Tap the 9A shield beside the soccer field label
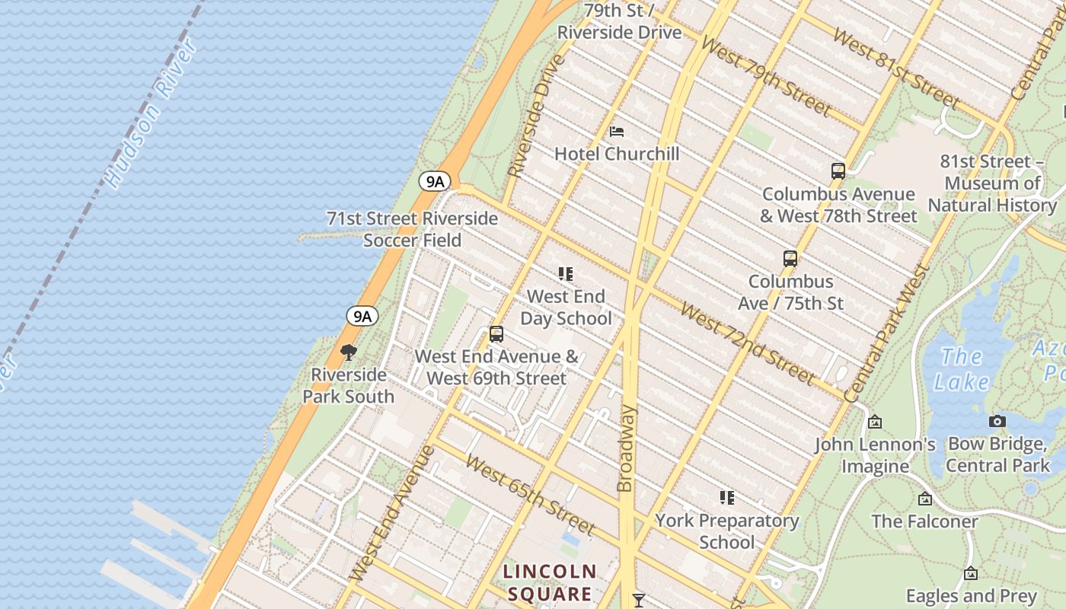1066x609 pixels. pyautogui.click(x=435, y=181)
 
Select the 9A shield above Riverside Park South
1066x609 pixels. pyautogui.click(x=362, y=316)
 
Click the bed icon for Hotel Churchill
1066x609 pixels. pyautogui.click(x=617, y=132)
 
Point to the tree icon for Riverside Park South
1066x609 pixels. pyautogui.click(x=349, y=352)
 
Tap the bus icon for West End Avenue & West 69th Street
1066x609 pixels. pyautogui.click(x=496, y=334)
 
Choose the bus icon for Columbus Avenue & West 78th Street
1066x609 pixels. pyautogui.click(x=838, y=171)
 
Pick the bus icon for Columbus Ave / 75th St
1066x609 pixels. pyautogui.click(x=790, y=259)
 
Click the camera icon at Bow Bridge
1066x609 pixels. pyautogui.click(x=997, y=421)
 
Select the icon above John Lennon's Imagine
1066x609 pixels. pyautogui.click(x=875, y=422)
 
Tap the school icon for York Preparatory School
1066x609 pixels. pyautogui.click(x=727, y=498)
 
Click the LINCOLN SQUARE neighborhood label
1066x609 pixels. pyautogui.click(x=550, y=582)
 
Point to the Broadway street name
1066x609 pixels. pyautogui.click(x=626, y=448)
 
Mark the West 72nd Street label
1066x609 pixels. pyautogui.click(x=747, y=343)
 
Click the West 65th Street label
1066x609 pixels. pyautogui.click(x=530, y=495)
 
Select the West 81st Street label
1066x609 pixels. pyautogui.click(x=896, y=68)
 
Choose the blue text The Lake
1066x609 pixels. pyautogui.click(x=964, y=368)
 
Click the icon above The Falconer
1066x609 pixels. pyautogui.click(x=924, y=499)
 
